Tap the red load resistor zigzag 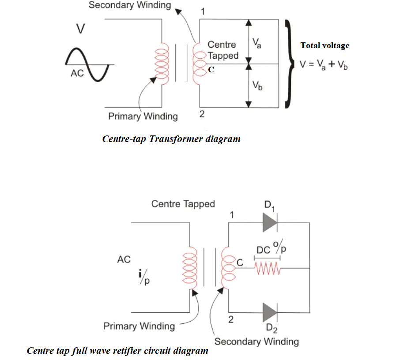coord(267,268)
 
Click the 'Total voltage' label coord(324,45)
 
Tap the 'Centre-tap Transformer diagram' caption coord(171,139)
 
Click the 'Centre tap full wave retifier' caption coord(117,351)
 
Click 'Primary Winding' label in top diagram coord(143,116)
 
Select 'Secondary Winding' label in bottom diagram coord(256,341)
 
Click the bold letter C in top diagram coord(211,70)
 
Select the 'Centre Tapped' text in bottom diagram coord(183,204)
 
